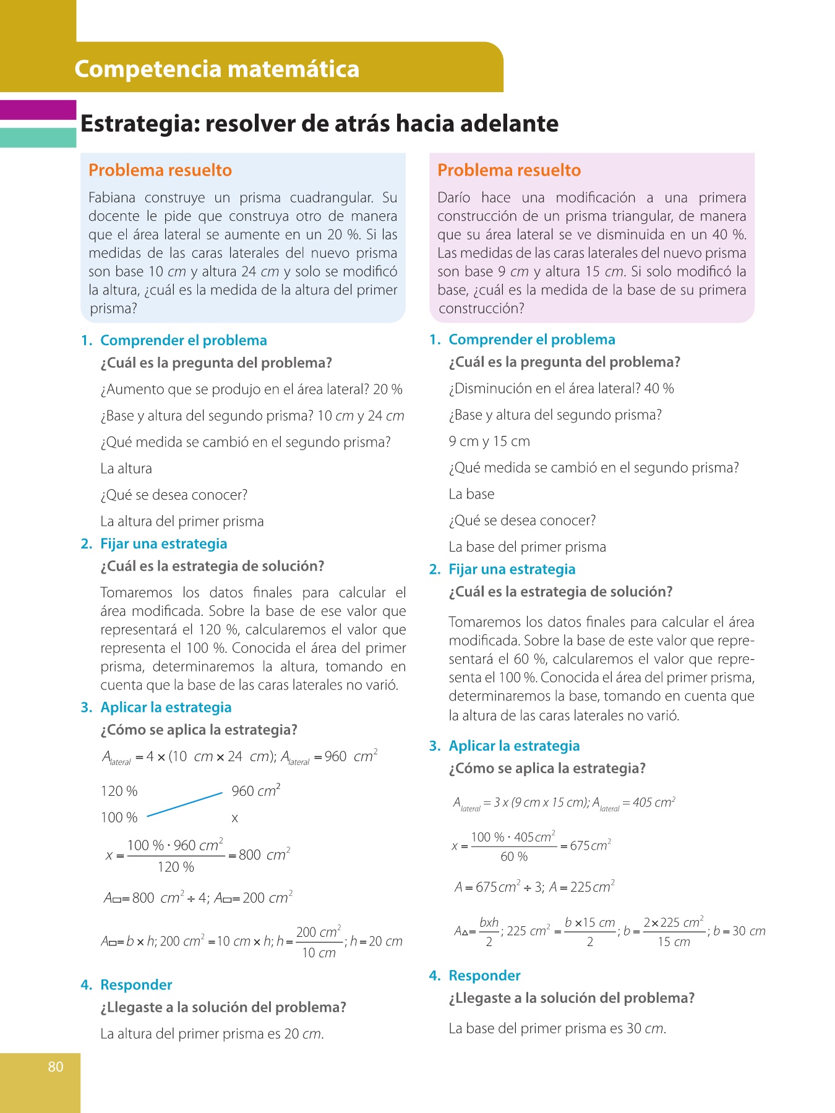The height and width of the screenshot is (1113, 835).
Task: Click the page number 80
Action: [56, 1067]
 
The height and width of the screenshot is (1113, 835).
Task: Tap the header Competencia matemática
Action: [216, 69]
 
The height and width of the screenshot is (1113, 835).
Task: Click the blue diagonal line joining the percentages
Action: [184, 804]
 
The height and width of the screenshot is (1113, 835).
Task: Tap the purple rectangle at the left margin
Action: [38, 109]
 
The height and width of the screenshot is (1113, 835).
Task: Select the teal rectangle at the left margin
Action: [38, 137]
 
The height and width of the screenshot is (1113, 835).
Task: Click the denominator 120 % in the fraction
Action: [176, 867]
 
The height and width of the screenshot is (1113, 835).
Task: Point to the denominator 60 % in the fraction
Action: [514, 856]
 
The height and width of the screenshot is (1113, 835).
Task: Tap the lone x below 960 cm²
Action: [234, 818]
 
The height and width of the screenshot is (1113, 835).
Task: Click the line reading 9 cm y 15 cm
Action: [489, 441]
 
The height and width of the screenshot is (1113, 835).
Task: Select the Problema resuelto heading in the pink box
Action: [509, 170]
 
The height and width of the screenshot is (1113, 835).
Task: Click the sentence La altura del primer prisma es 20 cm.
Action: [212, 1034]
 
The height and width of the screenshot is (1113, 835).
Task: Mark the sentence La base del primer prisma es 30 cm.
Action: [557, 1028]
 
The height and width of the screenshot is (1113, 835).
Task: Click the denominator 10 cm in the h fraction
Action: [319, 953]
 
